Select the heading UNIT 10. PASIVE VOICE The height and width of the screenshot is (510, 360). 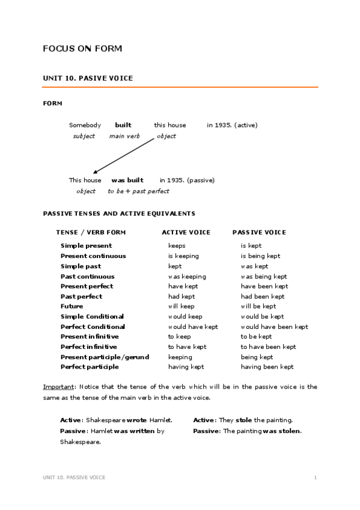pos(88,78)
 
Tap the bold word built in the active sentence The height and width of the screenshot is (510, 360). pos(123,125)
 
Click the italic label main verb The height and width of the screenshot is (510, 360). pos(124,136)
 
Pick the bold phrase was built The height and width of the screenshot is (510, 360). pos(127,180)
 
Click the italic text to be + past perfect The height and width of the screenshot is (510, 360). pos(138,191)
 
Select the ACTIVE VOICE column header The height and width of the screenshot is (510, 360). pos(186,232)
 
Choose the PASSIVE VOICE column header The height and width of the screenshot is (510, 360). pos(259,232)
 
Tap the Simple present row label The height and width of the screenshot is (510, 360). pos(86,246)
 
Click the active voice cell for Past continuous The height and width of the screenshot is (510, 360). pos(187,276)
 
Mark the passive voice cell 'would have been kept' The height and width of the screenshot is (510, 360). pos(274,327)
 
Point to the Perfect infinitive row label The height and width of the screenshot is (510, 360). pos(89,347)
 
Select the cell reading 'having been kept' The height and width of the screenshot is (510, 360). pos(267,367)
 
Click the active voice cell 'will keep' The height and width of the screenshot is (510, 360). pos(182,306)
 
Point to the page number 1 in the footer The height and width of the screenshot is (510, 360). pos(315,477)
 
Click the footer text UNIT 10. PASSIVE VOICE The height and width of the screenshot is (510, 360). pos(74,477)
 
